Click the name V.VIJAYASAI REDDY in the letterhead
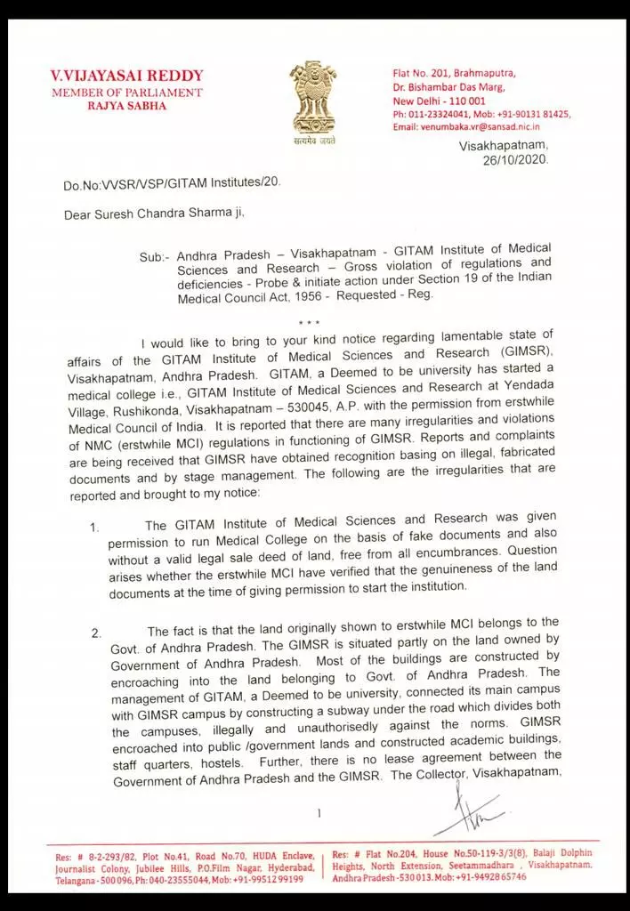(127, 76)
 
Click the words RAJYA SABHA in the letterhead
(126, 106)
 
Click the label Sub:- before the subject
(152, 257)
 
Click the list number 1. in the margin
(94, 528)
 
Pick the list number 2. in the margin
(97, 633)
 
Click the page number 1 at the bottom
(318, 812)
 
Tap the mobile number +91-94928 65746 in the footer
(482, 877)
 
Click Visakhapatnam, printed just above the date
(505, 145)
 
